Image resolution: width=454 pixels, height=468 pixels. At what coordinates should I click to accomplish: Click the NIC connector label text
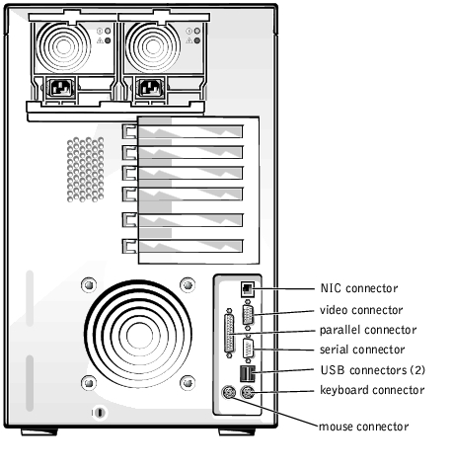pyautogui.click(x=359, y=288)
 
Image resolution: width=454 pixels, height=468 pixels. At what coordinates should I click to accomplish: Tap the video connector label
pyautogui.click(x=361, y=310)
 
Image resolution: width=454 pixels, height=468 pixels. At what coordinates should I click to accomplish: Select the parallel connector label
pyautogui.click(x=368, y=330)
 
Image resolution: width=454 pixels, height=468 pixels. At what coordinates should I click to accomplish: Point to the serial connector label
pyautogui.click(x=362, y=350)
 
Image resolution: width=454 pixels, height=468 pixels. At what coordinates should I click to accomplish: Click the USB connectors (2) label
pyautogui.click(x=373, y=370)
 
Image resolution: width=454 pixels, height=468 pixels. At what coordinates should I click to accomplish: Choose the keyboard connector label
pyautogui.click(x=372, y=390)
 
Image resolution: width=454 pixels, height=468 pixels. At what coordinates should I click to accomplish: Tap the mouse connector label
pyautogui.click(x=363, y=427)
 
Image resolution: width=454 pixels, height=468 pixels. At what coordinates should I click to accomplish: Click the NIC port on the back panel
pyautogui.click(x=248, y=289)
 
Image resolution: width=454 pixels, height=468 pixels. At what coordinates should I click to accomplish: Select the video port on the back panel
pyautogui.click(x=248, y=315)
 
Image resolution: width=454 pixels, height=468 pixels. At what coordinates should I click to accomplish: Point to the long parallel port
pyautogui.click(x=229, y=334)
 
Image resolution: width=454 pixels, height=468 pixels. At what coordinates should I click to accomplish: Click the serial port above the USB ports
pyautogui.click(x=249, y=349)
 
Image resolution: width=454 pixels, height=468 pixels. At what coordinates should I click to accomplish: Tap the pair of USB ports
pyautogui.click(x=248, y=373)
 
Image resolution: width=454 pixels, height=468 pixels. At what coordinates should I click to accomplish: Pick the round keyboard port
pyautogui.click(x=248, y=392)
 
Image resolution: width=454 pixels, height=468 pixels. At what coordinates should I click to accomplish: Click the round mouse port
pyautogui.click(x=229, y=392)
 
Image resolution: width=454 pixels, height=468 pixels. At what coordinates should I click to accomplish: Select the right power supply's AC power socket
pyautogui.click(x=151, y=88)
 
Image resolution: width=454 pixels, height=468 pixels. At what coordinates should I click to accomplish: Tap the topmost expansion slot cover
pyautogui.click(x=183, y=131)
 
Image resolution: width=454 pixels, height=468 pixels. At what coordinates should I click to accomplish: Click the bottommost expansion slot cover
pyautogui.click(x=183, y=246)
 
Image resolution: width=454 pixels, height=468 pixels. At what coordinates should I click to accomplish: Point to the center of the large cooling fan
pyautogui.click(x=139, y=336)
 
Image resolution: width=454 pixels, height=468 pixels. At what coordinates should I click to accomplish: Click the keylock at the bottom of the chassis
pyautogui.click(x=100, y=413)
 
